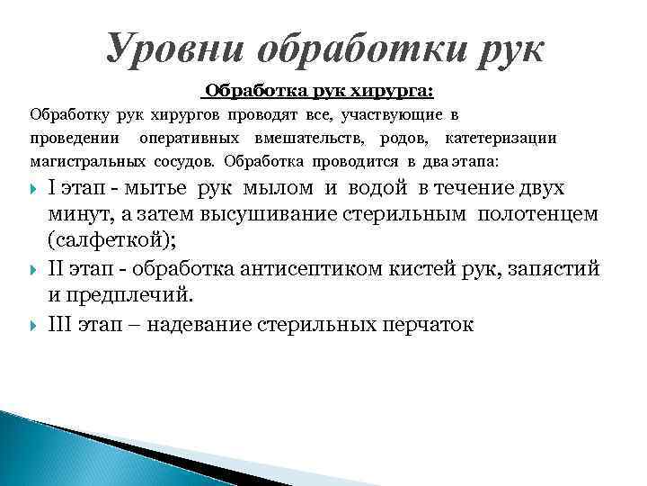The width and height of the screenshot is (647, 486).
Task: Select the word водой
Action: pyautogui.click(x=377, y=188)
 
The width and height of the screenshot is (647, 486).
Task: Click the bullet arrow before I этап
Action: pyautogui.click(x=33, y=189)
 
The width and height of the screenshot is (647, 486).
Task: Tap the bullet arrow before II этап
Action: pyautogui.click(x=33, y=270)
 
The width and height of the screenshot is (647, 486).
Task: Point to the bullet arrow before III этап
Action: pyautogui.click(x=33, y=324)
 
